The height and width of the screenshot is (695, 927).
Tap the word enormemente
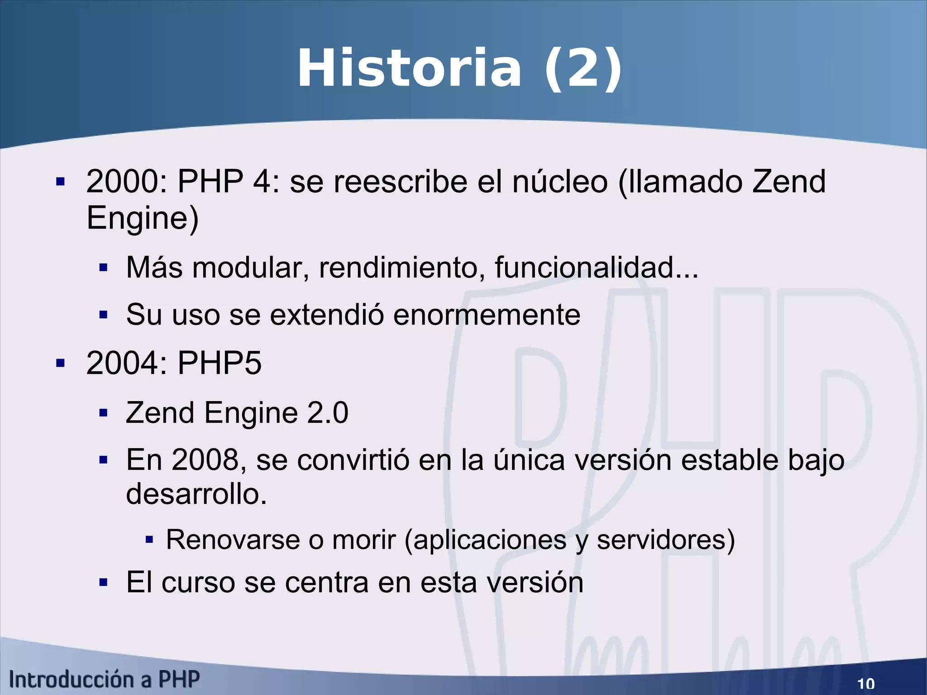pyautogui.click(x=487, y=315)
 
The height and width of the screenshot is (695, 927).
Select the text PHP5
pyautogui.click(x=220, y=363)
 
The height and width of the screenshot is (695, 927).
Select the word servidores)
pyautogui.click(x=666, y=540)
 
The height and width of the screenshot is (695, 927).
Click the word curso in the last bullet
pyautogui.click(x=198, y=582)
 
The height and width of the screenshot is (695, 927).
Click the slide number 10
pyautogui.click(x=866, y=683)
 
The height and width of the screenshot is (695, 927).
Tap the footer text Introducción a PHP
pyautogui.click(x=105, y=680)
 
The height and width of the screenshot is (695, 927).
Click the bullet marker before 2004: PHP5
pyautogui.click(x=60, y=363)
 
